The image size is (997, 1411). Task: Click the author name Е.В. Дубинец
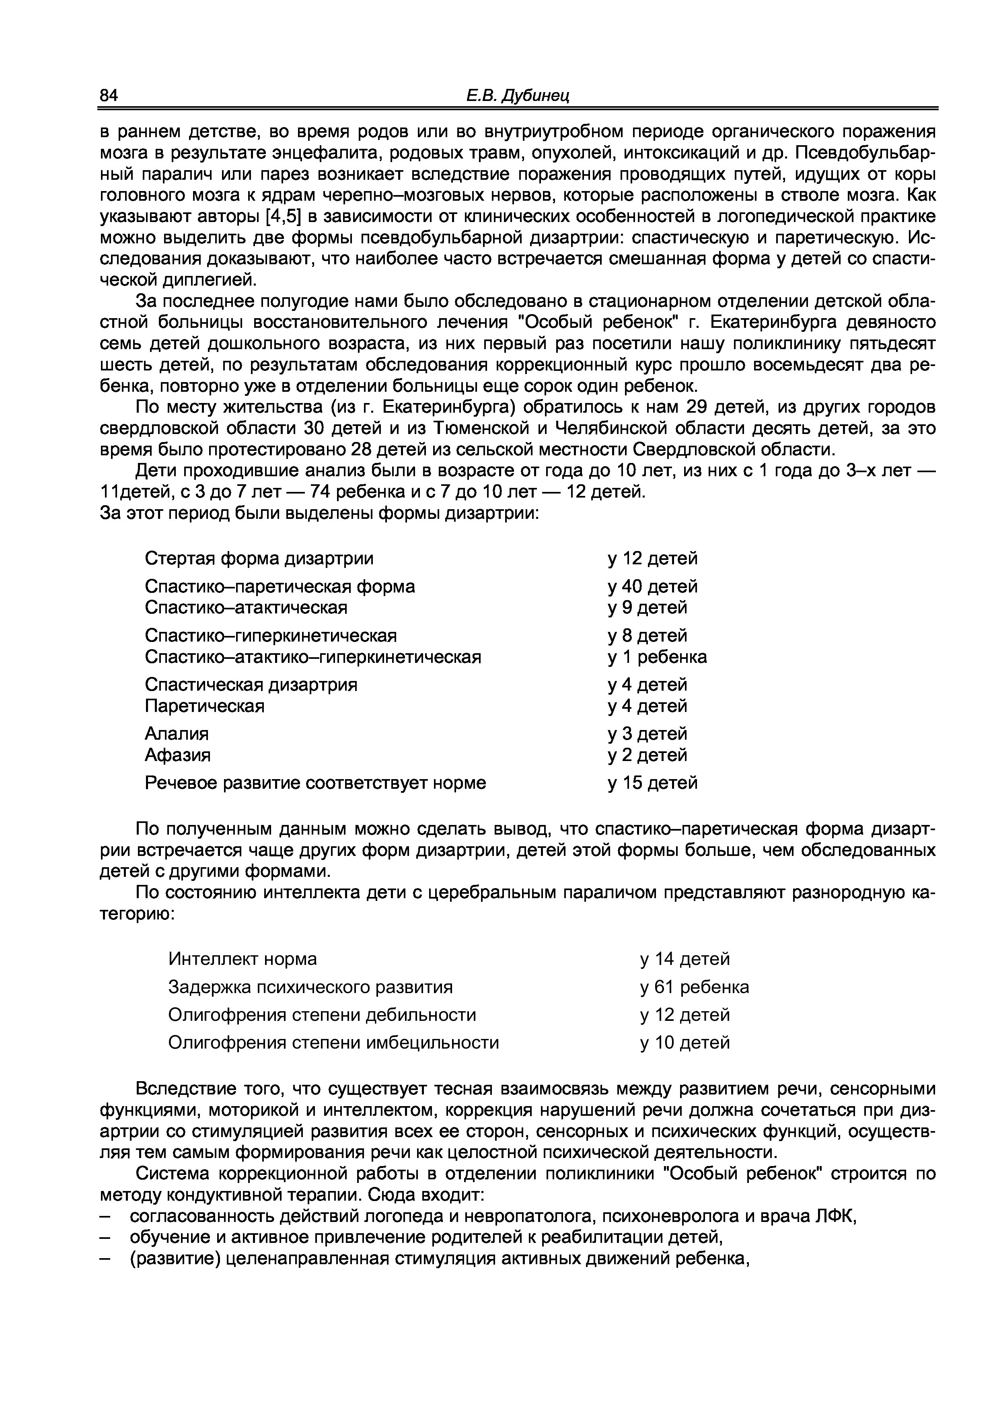point(518,95)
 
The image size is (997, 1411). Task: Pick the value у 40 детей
point(652,586)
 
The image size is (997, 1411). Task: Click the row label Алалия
point(177,734)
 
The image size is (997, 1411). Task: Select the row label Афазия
point(177,755)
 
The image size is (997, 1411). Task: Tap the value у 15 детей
point(652,783)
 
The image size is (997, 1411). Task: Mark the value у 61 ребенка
point(694,987)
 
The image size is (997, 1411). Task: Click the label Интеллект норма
point(243,958)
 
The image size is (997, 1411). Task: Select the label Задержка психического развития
point(310,987)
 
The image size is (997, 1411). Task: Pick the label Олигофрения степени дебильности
point(322,1015)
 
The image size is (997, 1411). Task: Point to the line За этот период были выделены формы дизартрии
point(319,512)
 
